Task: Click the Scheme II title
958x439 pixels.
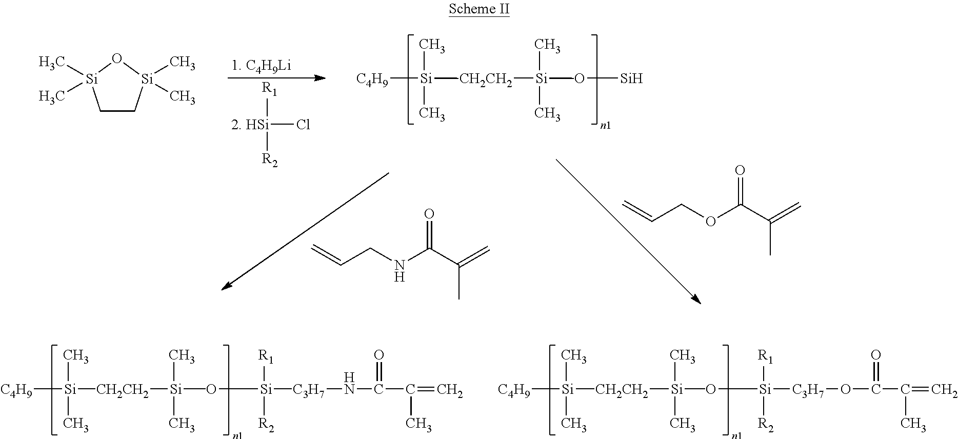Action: [x=479, y=9]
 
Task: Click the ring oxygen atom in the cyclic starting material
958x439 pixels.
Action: [x=117, y=59]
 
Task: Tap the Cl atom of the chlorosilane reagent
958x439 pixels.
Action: [x=303, y=125]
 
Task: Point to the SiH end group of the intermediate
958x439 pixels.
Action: [x=631, y=79]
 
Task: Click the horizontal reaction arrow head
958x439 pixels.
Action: [x=320, y=78]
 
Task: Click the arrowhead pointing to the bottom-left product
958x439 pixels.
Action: [x=227, y=286]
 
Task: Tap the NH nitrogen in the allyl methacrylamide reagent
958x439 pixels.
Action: [x=400, y=265]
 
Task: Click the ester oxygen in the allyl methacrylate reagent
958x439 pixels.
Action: [x=710, y=221]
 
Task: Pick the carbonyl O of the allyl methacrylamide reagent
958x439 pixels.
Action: [x=430, y=214]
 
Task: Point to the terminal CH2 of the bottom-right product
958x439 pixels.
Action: [x=944, y=391]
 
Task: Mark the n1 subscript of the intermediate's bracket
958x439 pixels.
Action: [x=605, y=125]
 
